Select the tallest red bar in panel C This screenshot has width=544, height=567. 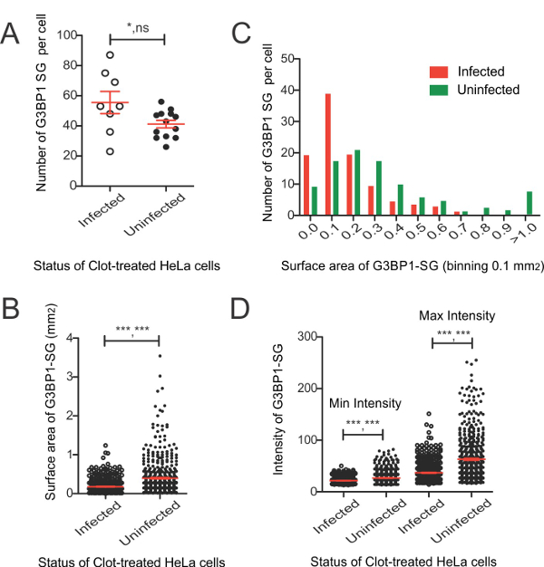coord(327,154)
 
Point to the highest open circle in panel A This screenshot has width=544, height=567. coord(110,55)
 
